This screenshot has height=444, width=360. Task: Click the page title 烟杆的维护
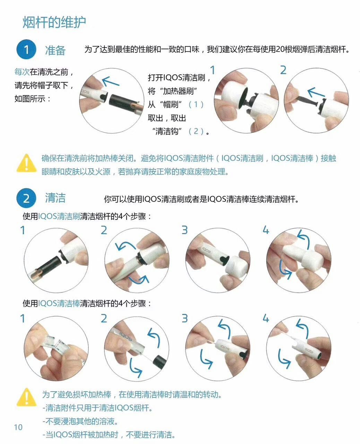click(x=54, y=22)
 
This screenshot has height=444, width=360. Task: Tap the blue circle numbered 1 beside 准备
click(x=26, y=50)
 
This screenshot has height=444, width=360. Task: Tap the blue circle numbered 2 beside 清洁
click(x=26, y=199)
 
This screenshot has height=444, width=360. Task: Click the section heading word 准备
click(x=55, y=50)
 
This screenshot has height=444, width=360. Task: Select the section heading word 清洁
click(x=55, y=198)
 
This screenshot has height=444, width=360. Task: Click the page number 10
click(x=18, y=427)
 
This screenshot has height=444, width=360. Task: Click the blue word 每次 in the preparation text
click(x=22, y=72)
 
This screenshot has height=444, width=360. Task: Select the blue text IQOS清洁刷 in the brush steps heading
click(x=59, y=216)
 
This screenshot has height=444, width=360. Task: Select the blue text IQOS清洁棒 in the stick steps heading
click(x=59, y=304)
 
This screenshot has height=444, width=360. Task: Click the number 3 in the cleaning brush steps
click(x=185, y=230)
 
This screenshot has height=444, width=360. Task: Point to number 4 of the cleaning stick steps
click(x=266, y=318)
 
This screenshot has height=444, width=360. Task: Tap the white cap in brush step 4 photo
click(x=297, y=255)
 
